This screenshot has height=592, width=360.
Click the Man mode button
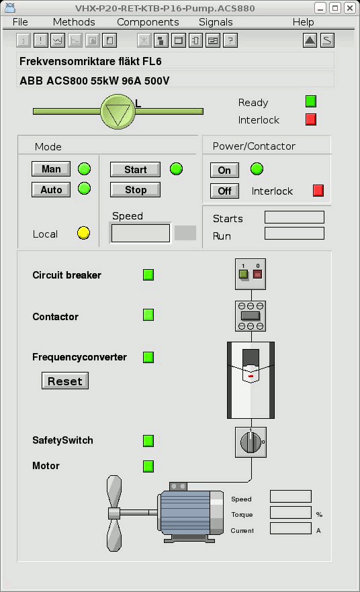[x=51, y=168]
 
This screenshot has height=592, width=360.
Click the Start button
[x=135, y=170]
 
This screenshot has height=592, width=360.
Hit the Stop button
[x=135, y=189]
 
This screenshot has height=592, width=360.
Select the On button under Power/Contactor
[x=224, y=170]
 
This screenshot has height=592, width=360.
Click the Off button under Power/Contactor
[x=224, y=191]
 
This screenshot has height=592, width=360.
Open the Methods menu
[x=74, y=22]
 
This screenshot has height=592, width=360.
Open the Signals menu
[x=216, y=22]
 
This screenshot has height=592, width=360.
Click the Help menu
[x=304, y=22]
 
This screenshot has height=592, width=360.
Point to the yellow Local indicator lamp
[x=83, y=233]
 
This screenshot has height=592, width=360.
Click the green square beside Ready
[x=311, y=101]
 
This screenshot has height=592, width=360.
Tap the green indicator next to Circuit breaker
[x=148, y=275]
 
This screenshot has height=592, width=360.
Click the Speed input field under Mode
[x=140, y=234]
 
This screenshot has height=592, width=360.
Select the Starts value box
[x=294, y=217]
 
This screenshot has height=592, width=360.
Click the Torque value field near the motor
[x=291, y=513]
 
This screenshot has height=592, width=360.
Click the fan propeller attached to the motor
[x=114, y=513]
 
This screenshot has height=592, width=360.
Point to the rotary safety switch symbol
[x=251, y=442]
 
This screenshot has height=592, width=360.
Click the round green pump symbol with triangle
[x=118, y=111]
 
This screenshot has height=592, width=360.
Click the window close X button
[x=350, y=8]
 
